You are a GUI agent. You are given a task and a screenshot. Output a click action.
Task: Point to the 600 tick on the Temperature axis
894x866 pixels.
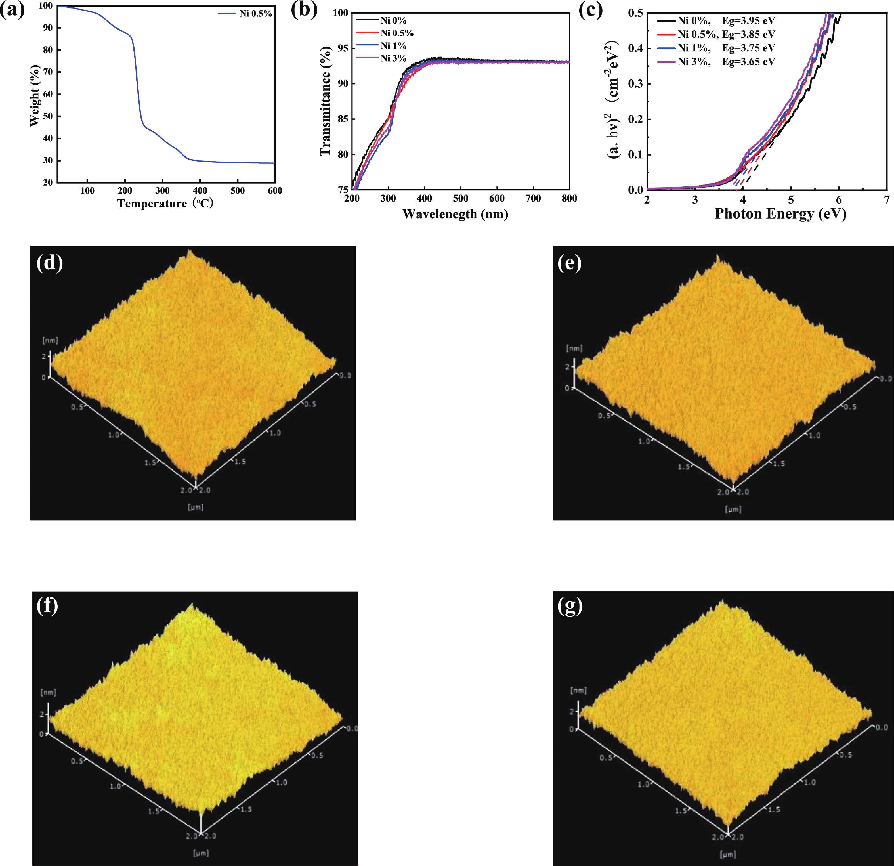(275, 191)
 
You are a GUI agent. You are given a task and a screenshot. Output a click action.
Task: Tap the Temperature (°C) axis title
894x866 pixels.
(165, 204)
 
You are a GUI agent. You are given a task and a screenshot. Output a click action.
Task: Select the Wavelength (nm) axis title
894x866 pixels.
(455, 214)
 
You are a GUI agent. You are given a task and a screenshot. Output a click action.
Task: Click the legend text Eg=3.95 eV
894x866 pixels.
(748, 20)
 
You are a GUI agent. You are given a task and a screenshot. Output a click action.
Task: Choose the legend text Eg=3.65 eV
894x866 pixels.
(748, 62)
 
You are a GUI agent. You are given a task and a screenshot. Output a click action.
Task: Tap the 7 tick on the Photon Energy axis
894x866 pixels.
(886, 200)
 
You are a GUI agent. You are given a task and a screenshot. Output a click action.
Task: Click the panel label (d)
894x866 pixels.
(49, 263)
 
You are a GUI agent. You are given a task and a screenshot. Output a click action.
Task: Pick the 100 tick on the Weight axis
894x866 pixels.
(46, 5)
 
